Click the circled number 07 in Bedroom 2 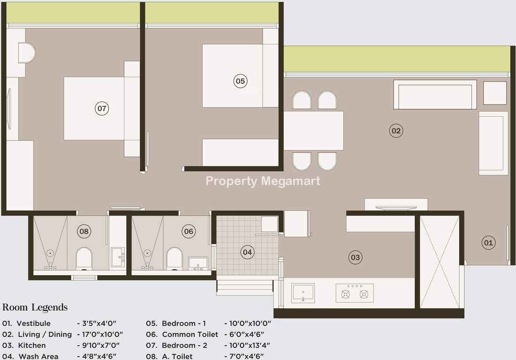pos(102,108)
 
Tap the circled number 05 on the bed pos(240,81)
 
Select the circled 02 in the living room pos(396,130)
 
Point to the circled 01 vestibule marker pos(488,243)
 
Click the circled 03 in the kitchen pos(355,257)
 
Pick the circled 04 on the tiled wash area pos(247,252)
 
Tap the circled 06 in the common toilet pos(189,231)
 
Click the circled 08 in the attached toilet pos(84,231)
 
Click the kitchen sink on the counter pos(303,293)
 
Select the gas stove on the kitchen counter pos(355,293)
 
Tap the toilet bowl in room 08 pos(84,259)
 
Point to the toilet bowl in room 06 pos(175,259)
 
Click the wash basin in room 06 pos(198,263)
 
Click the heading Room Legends pos(35,307)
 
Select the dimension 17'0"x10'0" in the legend pos(100,334)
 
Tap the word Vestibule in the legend pos(34,323)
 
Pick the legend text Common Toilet pos(190,334)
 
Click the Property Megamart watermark pos(263,181)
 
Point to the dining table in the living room pos(314,130)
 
